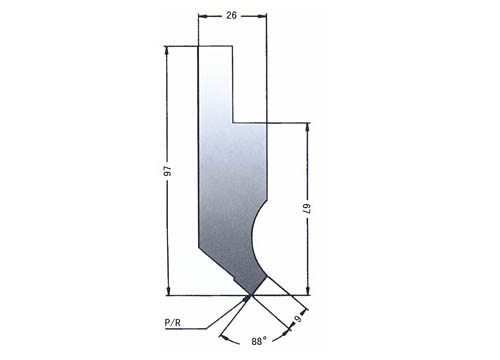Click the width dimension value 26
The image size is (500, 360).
(231, 15)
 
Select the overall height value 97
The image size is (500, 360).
(168, 170)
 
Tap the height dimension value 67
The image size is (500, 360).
(307, 209)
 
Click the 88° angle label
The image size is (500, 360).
(259, 341)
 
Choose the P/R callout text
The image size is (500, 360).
(173, 323)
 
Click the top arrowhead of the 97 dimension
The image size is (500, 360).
(168, 50)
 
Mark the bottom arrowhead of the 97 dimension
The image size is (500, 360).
(168, 291)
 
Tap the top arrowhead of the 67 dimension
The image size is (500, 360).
(307, 127)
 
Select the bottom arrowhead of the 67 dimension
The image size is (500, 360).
(307, 291)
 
